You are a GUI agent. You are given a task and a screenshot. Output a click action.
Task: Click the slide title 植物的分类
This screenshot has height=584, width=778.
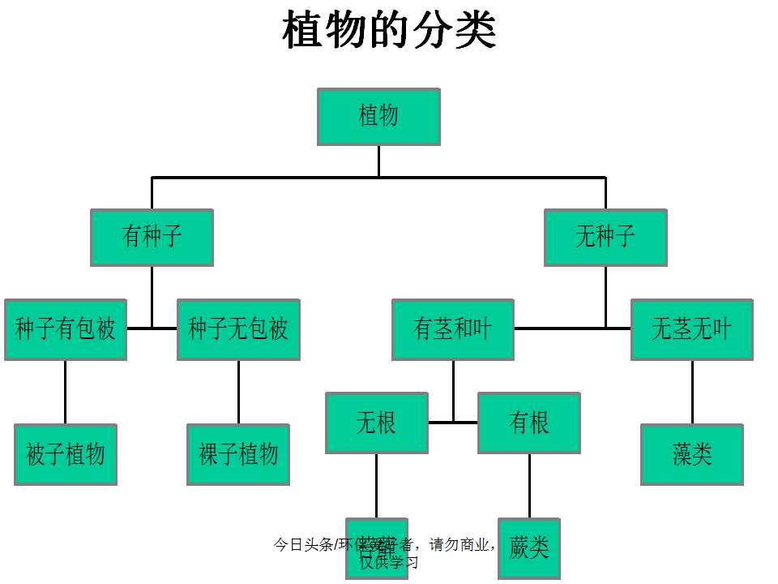389,31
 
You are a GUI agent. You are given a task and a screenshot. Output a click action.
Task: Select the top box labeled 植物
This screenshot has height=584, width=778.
378,117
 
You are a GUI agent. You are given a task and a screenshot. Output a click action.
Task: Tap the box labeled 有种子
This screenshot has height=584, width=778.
152,237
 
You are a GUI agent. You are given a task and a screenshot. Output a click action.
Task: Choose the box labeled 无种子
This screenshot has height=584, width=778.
605,237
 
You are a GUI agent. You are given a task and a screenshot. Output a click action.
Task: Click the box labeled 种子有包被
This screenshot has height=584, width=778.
66,329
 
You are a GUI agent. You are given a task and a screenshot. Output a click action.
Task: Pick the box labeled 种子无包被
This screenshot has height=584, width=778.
238,329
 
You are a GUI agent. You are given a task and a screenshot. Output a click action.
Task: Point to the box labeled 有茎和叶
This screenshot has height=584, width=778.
453,329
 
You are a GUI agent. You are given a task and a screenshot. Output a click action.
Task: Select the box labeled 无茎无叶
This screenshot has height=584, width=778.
692,329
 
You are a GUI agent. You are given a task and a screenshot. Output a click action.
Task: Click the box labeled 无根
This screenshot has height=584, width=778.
376,423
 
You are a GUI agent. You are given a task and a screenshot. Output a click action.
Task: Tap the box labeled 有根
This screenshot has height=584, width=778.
529,423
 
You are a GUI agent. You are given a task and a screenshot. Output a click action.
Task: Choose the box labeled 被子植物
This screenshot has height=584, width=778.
66,454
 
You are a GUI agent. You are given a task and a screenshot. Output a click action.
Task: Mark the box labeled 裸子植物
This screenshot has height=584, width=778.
238,454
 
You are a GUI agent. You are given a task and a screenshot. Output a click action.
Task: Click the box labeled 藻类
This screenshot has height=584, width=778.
692,454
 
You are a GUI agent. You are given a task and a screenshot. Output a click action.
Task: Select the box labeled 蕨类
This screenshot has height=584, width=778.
529,548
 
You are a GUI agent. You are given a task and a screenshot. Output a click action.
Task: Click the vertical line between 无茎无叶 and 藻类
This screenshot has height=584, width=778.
692,392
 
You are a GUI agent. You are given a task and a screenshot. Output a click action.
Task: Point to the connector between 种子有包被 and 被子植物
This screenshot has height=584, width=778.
66,392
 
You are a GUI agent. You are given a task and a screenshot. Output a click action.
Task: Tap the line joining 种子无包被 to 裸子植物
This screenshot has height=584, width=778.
238,392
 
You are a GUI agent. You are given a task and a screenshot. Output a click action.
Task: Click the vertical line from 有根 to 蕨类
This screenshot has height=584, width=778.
529,485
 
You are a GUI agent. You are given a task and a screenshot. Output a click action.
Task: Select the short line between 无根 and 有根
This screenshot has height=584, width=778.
453,423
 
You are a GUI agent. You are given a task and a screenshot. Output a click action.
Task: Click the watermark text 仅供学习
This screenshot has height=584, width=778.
390,561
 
